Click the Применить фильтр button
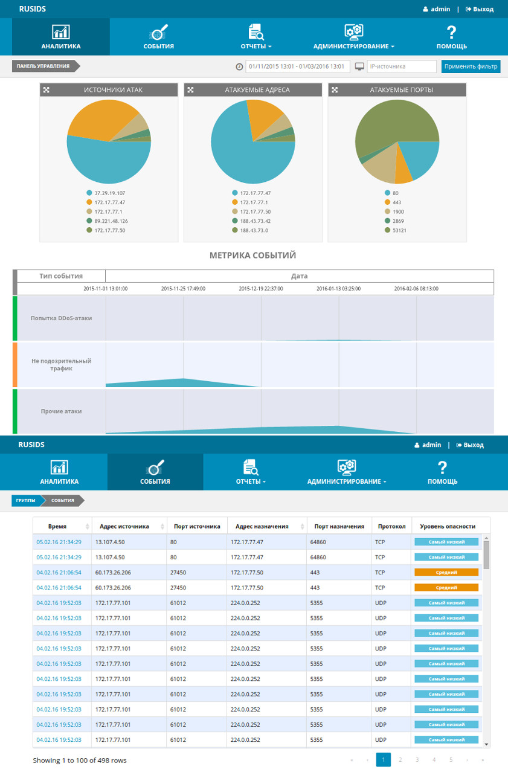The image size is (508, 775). [471, 66]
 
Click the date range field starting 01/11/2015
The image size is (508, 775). [298, 66]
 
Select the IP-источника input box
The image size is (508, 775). [402, 66]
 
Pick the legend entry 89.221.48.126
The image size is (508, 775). [108, 221]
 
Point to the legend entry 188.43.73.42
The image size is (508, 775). [251, 221]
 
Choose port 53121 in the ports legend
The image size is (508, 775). [396, 230]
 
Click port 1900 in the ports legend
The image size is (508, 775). [394, 212]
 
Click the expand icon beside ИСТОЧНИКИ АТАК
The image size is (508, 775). [46, 90]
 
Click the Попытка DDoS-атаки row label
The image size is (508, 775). [61, 318]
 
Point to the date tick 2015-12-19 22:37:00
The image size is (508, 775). [261, 289]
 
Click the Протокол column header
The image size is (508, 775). [392, 526]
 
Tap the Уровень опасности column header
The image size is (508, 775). [448, 526]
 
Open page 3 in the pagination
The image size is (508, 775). [417, 759]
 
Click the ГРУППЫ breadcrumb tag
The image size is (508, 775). [27, 500]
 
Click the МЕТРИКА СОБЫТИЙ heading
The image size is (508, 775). [252, 256]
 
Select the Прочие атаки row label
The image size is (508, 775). [61, 411]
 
